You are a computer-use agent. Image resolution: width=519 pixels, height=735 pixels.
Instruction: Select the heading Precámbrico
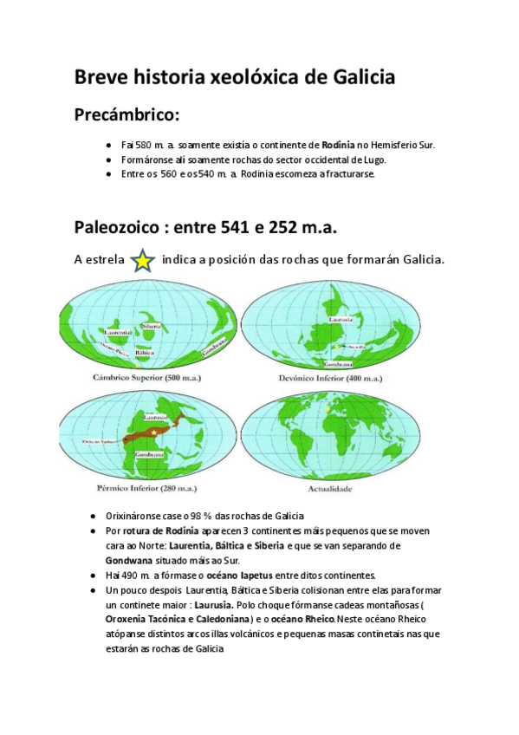(127, 114)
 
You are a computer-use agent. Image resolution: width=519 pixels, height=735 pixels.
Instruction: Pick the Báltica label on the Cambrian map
(145, 353)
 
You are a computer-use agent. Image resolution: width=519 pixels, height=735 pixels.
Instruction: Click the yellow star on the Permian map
(153, 431)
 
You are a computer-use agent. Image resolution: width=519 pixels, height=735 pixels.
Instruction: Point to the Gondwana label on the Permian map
(144, 453)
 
